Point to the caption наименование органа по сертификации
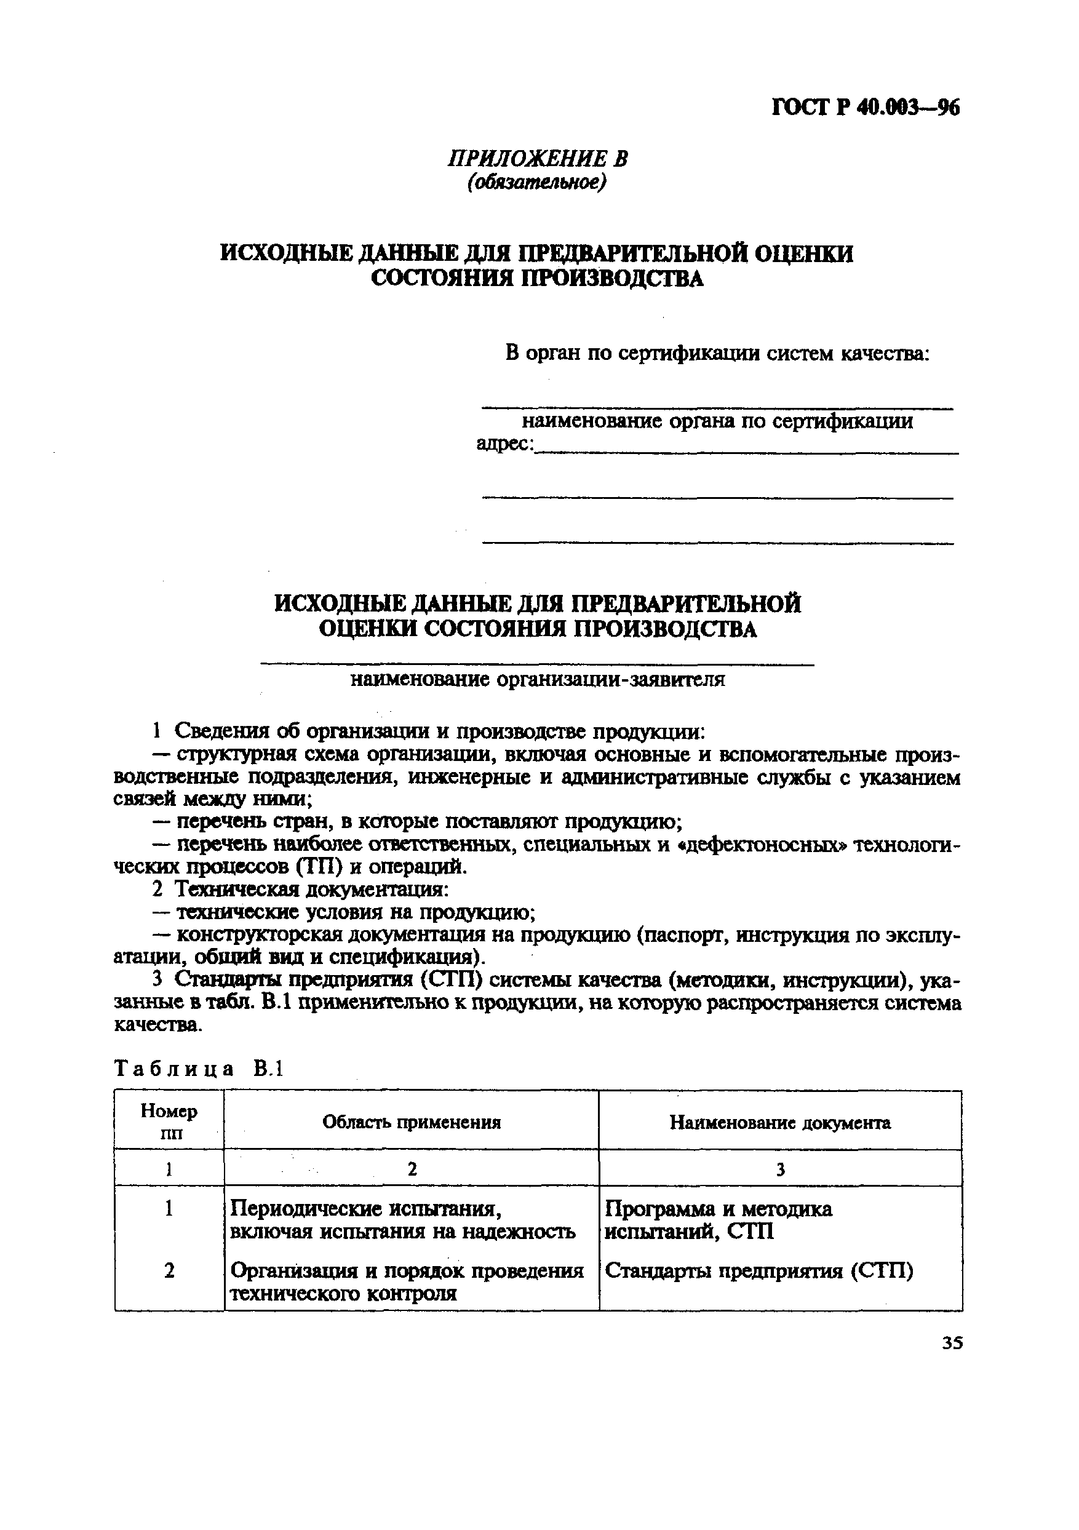[717, 421]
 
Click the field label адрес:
[505, 443]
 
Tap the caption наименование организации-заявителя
[537, 680]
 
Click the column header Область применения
[411, 1123]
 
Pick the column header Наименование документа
[780, 1123]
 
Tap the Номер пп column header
[169, 1122]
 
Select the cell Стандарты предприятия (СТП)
[758, 1272]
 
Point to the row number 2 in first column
[169, 1272]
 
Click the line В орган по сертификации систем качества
[717, 353]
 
